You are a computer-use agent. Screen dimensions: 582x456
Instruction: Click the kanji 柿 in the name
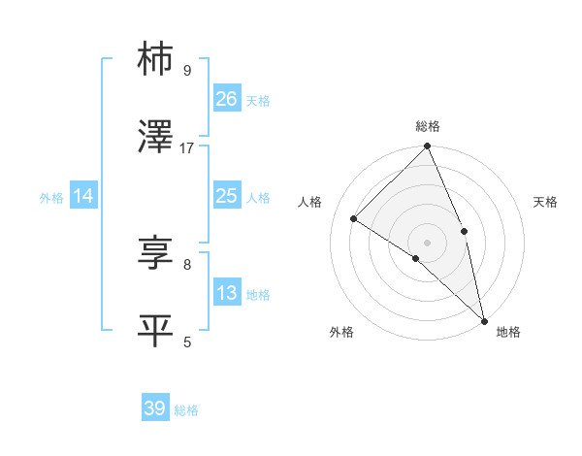point(156,59)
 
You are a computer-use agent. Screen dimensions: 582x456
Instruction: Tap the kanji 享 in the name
point(156,252)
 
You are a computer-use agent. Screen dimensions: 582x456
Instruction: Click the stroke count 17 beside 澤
point(187,147)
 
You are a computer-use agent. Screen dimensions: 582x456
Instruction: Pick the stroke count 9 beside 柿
point(187,70)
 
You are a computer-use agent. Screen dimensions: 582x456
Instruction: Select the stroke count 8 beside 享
point(187,263)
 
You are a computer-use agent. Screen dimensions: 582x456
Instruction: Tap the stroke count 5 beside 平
point(187,341)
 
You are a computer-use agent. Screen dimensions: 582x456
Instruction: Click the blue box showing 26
point(227,99)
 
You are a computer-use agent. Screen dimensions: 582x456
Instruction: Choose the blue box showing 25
point(227,196)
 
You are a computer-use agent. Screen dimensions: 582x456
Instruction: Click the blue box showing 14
point(83,196)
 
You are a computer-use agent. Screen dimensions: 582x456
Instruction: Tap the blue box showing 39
point(155,408)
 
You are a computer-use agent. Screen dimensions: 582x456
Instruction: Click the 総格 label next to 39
point(186,410)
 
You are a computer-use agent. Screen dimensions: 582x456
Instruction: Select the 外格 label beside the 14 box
point(51,198)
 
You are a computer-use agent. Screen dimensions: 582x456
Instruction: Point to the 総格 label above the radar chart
point(428,126)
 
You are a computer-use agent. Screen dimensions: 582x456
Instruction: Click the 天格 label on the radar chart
point(546,202)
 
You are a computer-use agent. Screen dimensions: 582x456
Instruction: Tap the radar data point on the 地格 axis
point(484,320)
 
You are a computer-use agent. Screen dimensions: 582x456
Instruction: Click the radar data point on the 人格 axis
point(354,218)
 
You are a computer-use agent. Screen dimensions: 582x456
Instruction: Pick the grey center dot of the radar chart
point(428,242)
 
